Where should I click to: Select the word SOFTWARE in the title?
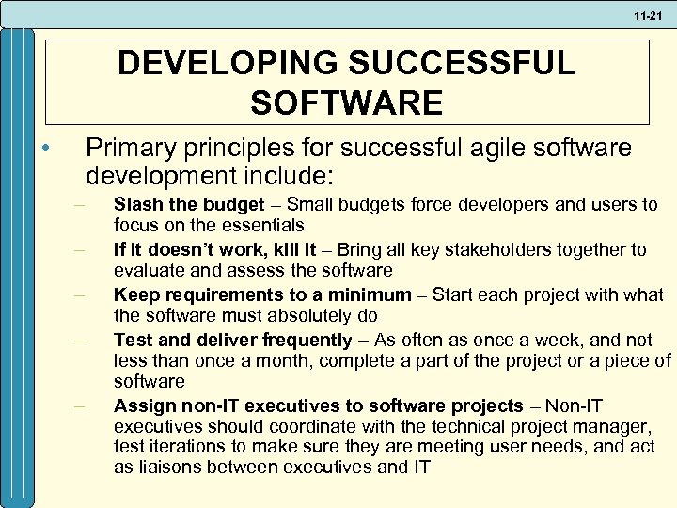tap(347, 102)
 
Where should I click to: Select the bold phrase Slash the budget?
tap(188, 204)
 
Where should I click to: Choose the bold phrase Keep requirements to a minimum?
tap(262, 294)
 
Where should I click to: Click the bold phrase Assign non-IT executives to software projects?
tap(318, 405)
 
